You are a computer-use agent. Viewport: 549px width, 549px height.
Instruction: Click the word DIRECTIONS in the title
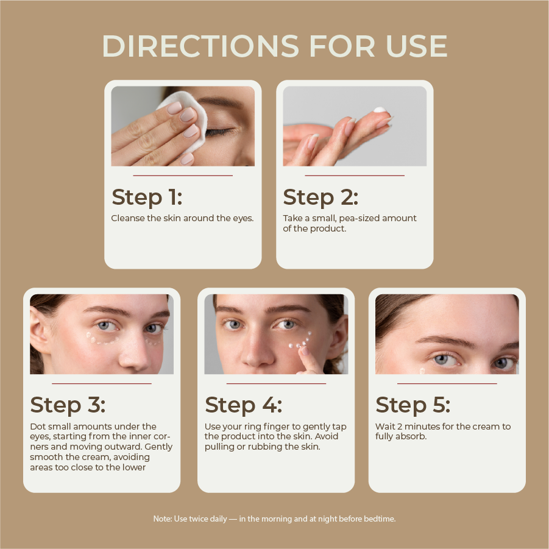[200, 46]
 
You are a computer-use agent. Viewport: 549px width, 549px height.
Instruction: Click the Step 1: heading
[147, 197]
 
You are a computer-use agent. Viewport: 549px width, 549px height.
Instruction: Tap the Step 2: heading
[321, 197]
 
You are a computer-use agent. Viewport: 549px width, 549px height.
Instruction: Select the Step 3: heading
[68, 405]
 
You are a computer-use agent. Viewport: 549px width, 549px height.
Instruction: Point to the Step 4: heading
[243, 405]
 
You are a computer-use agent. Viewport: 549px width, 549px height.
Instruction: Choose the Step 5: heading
[413, 405]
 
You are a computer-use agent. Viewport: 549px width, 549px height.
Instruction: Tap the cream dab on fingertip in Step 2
[380, 111]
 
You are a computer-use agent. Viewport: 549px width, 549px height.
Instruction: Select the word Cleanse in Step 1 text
[127, 218]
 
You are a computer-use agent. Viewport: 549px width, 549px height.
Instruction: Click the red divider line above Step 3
[102, 383]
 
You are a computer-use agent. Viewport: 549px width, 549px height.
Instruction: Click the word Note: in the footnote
[162, 519]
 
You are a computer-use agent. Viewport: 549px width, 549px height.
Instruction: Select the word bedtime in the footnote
[380, 519]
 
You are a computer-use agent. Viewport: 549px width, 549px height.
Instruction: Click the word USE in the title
[417, 46]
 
